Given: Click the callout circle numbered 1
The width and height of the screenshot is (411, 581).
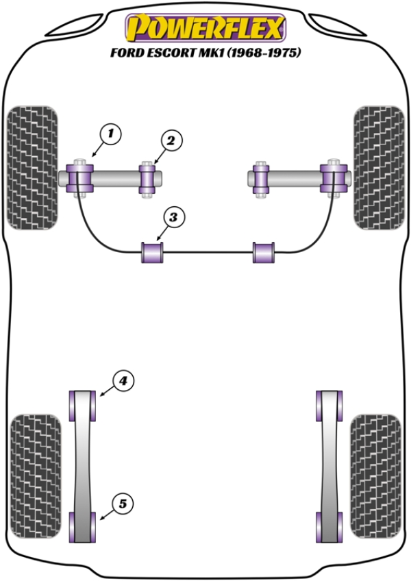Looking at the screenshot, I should click(112, 133).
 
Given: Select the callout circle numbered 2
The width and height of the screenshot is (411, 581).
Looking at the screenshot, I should click(171, 141).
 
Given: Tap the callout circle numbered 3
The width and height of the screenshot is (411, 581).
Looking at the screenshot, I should click(173, 218).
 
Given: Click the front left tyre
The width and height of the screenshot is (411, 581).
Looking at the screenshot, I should click(32, 166).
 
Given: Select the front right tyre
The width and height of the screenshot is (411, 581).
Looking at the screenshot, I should click(379, 166).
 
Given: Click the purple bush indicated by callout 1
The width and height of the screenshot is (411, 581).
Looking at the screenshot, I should click(79, 179).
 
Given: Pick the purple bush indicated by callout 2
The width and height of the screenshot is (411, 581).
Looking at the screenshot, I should click(147, 180).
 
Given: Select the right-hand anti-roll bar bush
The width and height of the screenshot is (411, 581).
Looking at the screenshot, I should click(264, 252).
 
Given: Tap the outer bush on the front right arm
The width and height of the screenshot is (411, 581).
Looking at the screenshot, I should click(332, 179).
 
